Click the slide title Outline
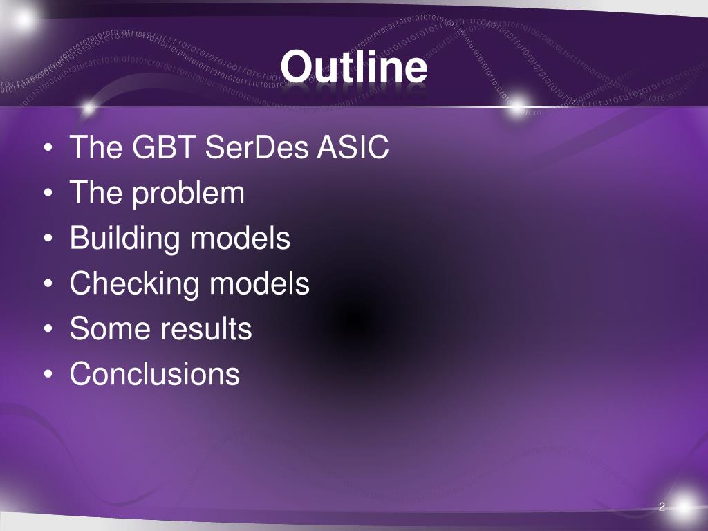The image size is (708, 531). click(x=353, y=66)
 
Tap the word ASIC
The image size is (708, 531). click(x=353, y=147)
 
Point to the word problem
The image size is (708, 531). click(x=188, y=194)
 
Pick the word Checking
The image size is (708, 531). click(x=135, y=284)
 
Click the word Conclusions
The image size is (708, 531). click(x=155, y=374)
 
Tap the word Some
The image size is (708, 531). click(x=111, y=328)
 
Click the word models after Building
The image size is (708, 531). click(x=240, y=238)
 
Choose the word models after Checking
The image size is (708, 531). click(x=260, y=283)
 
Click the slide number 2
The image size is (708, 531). click(x=662, y=507)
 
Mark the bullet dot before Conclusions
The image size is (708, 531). click(x=48, y=374)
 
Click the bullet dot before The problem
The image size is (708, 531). click(x=48, y=193)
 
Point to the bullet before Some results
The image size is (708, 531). click(x=48, y=328)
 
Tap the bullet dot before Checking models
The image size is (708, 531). click(x=48, y=283)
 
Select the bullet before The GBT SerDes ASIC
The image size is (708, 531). click(x=48, y=147)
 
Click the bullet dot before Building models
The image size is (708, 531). click(x=48, y=238)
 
